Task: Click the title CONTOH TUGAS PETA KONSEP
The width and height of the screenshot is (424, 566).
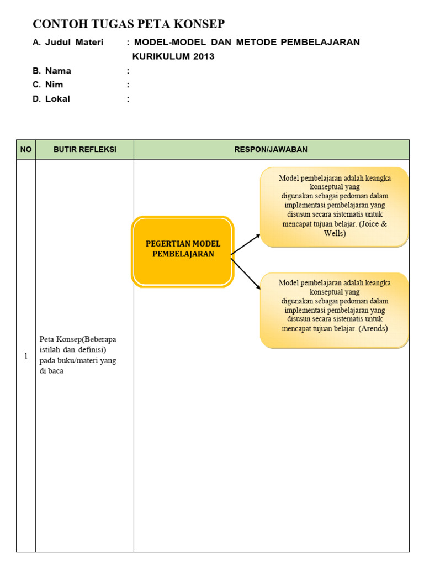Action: (129, 24)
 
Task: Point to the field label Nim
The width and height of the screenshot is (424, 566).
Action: (54, 85)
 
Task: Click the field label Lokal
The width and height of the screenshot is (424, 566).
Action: (57, 99)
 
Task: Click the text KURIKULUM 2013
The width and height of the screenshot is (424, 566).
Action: (173, 56)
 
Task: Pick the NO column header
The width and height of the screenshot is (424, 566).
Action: (26, 149)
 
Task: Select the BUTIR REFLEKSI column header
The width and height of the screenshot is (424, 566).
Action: (84, 149)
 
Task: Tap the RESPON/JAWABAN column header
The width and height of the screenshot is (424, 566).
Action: (271, 149)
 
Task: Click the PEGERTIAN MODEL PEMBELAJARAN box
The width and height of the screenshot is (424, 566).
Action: (183, 249)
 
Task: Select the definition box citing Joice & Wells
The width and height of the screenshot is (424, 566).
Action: (335, 206)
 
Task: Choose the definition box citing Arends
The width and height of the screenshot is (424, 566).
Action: (335, 310)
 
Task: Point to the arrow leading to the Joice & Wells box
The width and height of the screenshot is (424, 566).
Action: (246, 244)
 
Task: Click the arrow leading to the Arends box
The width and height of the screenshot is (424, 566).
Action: (246, 274)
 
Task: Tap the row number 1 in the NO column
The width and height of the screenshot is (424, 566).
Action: (26, 356)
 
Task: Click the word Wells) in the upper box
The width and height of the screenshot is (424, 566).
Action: (335, 233)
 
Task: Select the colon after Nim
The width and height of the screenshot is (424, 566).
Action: (128, 85)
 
